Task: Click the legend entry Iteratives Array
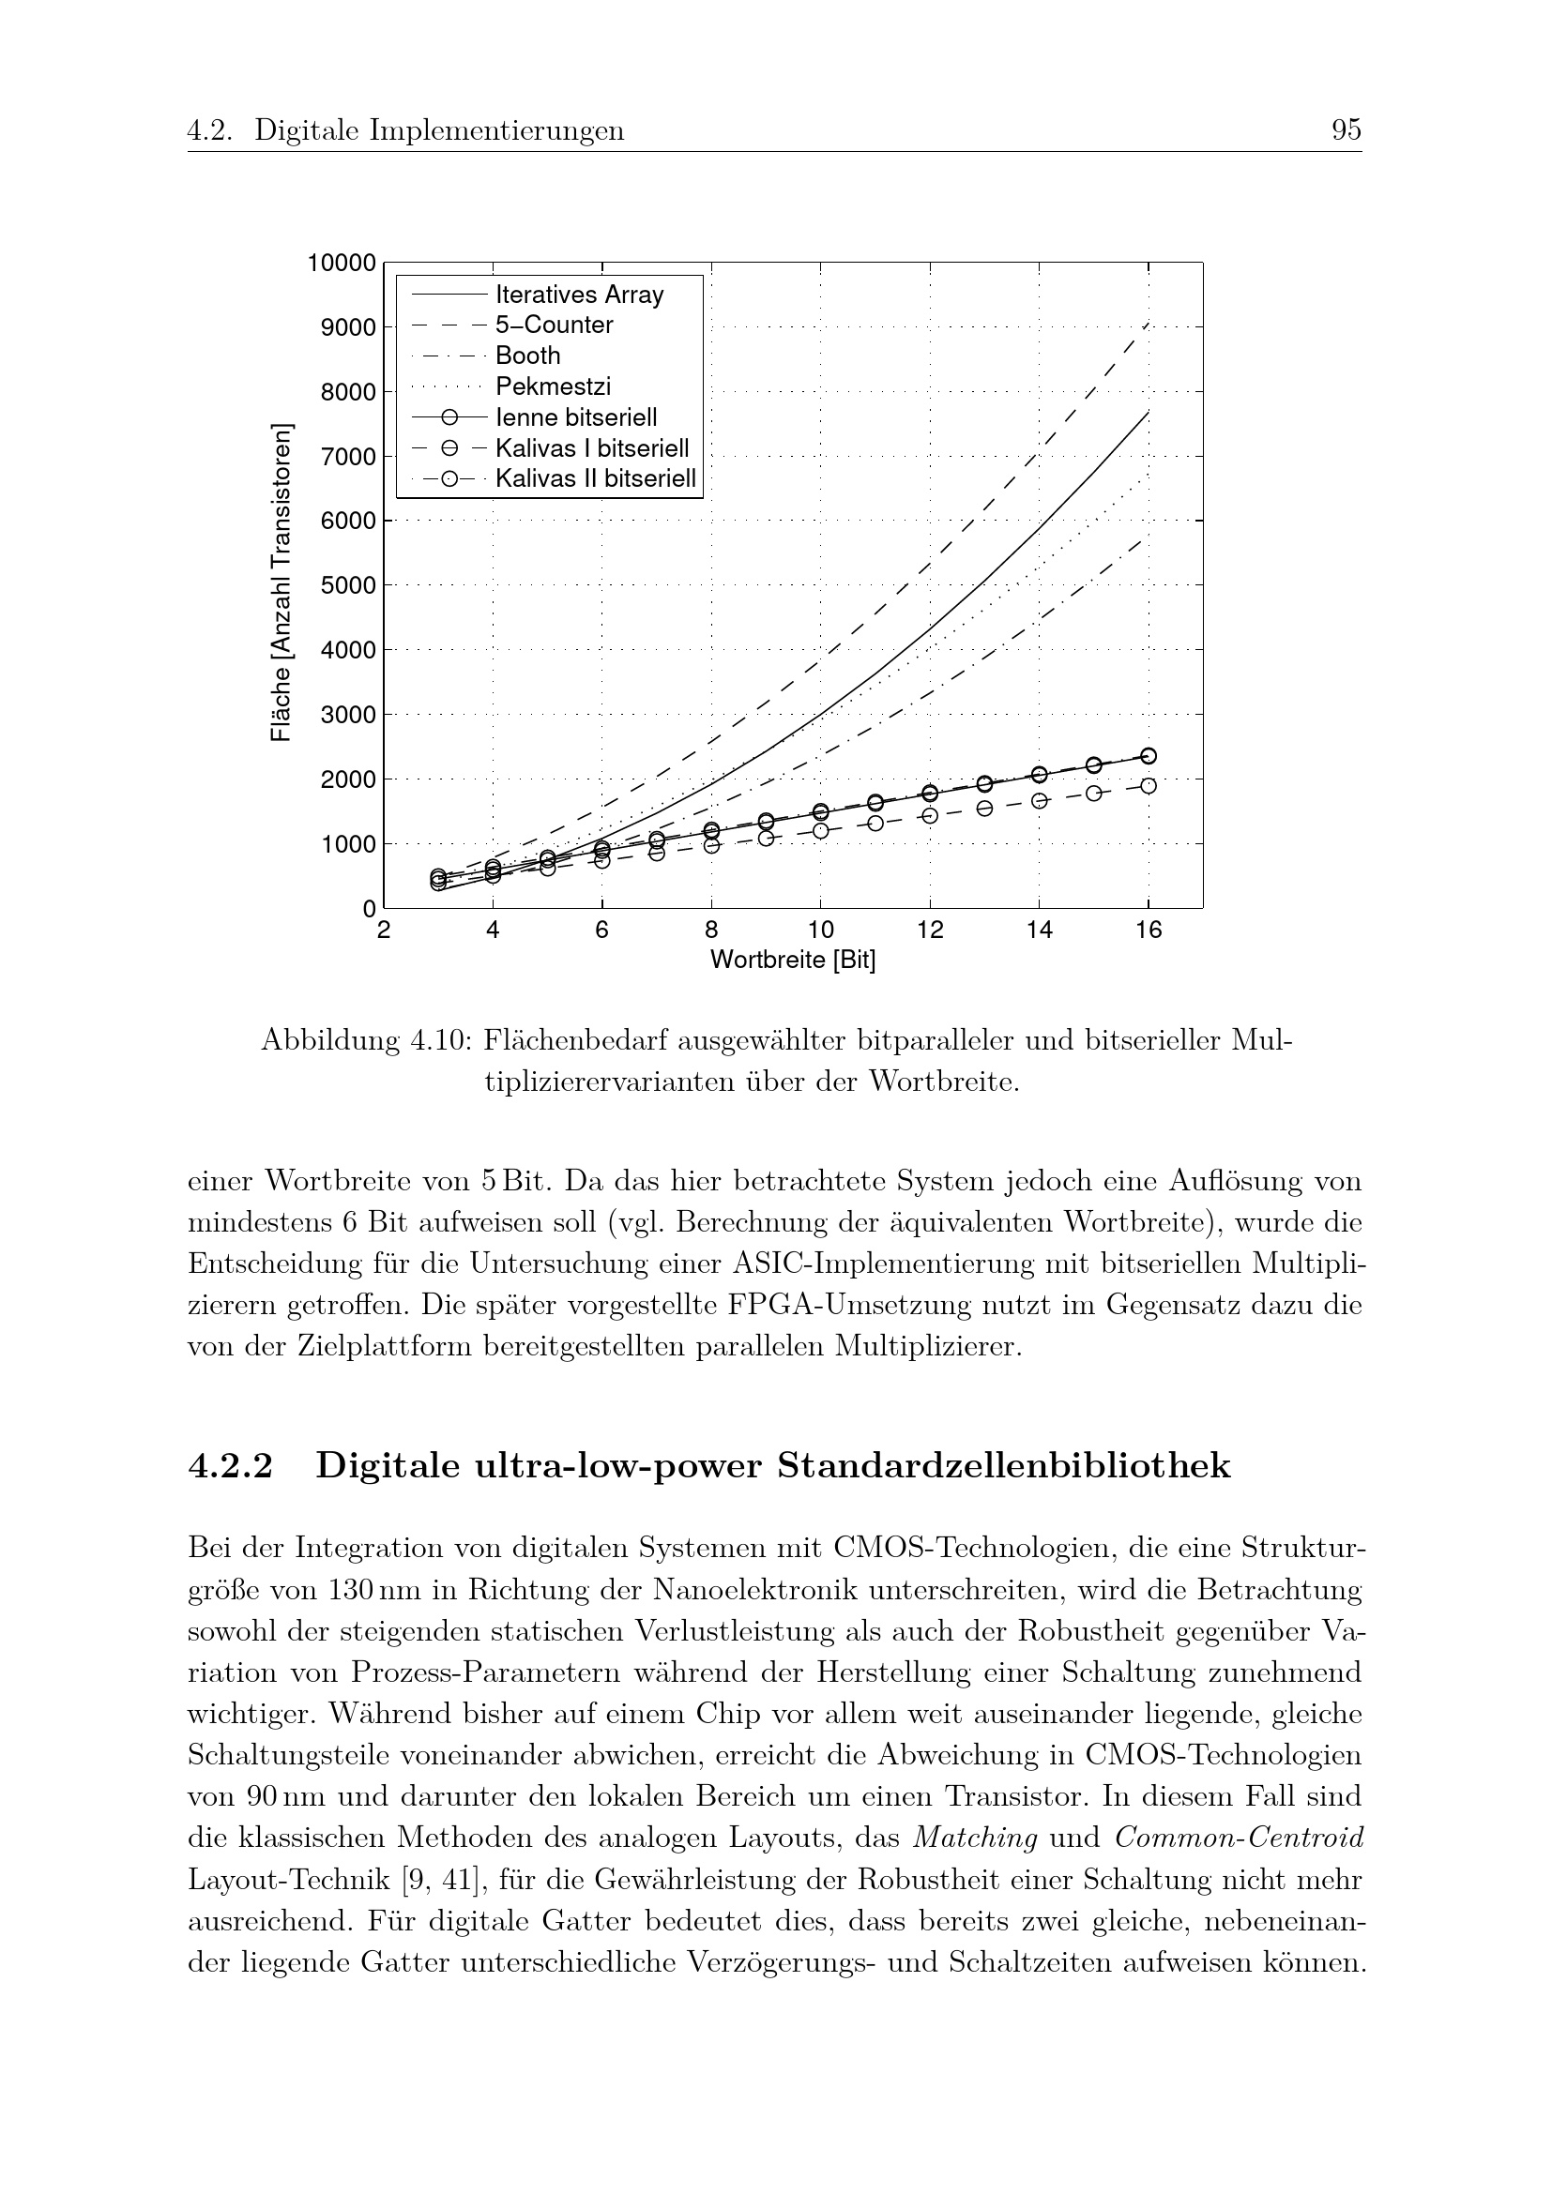(x=579, y=295)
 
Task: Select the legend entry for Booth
(x=527, y=356)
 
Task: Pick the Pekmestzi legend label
(x=553, y=387)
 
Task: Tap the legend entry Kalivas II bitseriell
(x=596, y=478)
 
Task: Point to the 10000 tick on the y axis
(x=342, y=263)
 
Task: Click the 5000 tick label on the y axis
(x=349, y=585)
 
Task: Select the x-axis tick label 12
(x=930, y=930)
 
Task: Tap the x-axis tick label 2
(x=383, y=930)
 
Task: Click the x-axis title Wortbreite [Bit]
(x=792, y=960)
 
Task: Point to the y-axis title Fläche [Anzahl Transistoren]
(x=280, y=582)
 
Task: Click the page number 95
(x=1346, y=130)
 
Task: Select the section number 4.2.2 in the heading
(x=230, y=1467)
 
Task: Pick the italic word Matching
(x=976, y=1838)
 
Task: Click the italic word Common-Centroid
(x=1239, y=1838)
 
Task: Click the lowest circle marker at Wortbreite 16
(x=1149, y=786)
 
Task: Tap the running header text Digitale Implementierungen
(x=438, y=130)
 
